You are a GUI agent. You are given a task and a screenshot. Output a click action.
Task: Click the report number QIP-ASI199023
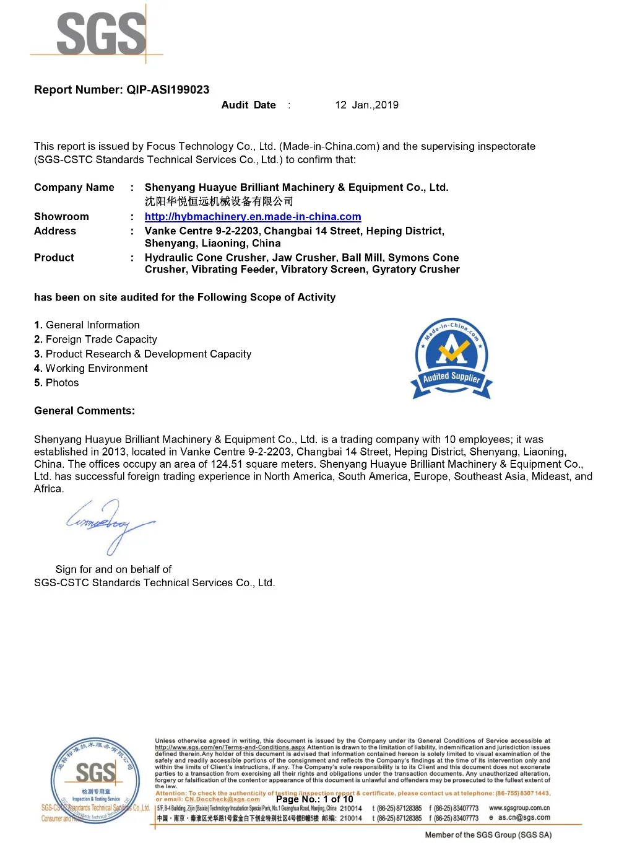click(x=168, y=90)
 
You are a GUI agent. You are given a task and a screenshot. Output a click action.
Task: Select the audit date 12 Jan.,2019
click(x=366, y=105)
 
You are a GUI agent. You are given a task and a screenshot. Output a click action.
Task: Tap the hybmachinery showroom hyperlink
click(x=253, y=217)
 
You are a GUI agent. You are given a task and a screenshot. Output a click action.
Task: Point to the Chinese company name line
click(x=219, y=201)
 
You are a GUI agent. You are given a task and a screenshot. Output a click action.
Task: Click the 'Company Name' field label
click(x=74, y=188)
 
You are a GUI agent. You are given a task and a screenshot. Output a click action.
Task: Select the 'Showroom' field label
click(x=61, y=217)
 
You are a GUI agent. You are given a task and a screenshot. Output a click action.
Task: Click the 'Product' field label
click(x=54, y=258)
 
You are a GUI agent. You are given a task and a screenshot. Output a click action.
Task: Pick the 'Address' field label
click(x=55, y=231)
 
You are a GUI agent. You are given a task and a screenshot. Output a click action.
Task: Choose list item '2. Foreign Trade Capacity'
click(x=95, y=340)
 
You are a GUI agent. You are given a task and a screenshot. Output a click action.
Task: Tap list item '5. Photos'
click(x=56, y=383)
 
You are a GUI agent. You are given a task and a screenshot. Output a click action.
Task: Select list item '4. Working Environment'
click(x=91, y=369)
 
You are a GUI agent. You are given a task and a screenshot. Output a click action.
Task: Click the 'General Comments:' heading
click(x=84, y=411)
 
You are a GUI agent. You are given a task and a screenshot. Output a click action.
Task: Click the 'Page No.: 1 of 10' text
click(x=314, y=799)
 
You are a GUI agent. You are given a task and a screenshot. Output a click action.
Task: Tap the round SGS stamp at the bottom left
click(x=95, y=780)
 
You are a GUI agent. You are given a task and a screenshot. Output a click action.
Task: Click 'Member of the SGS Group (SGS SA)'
click(x=488, y=835)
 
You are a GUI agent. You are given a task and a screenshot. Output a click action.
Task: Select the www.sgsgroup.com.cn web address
click(x=519, y=808)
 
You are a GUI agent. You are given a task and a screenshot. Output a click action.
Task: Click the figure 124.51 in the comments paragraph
click(x=227, y=464)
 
